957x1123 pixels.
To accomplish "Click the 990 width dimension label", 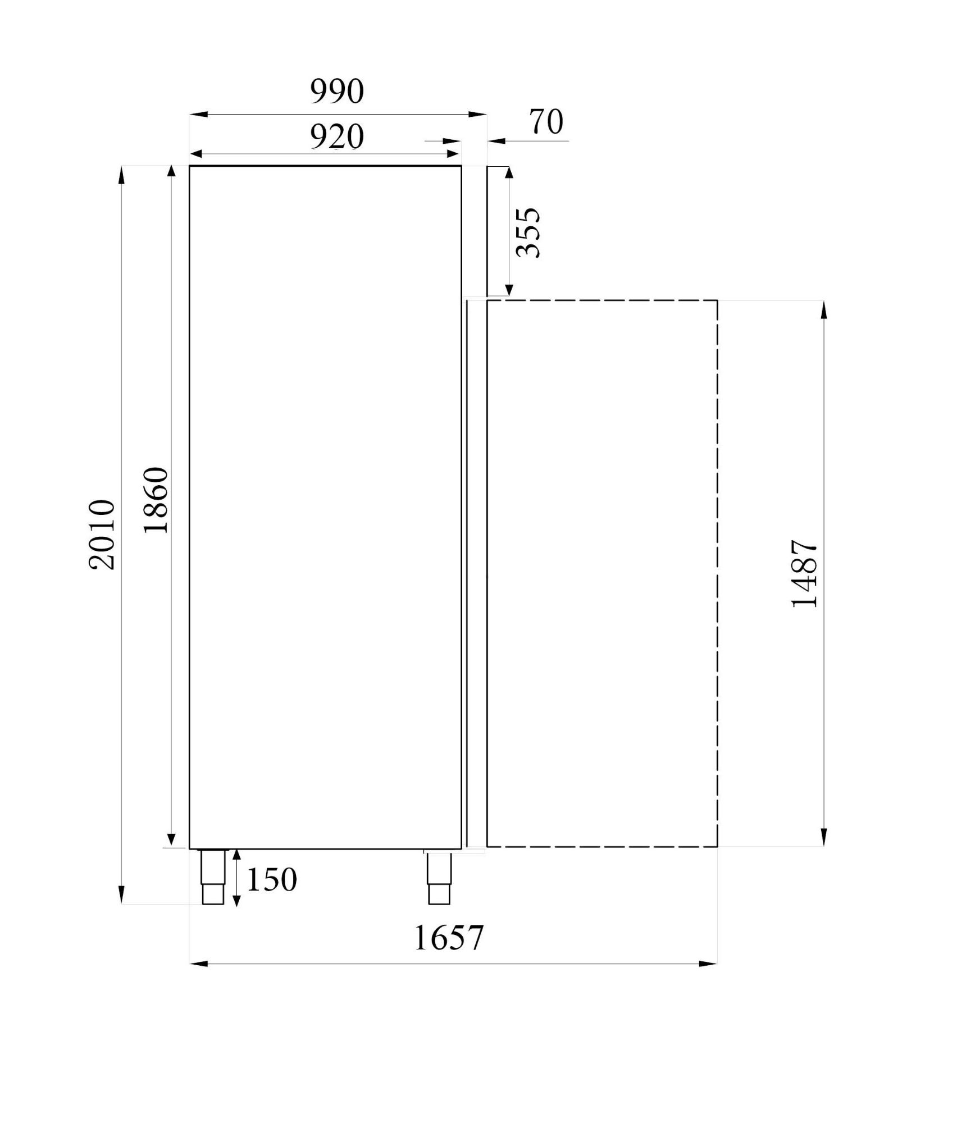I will [x=337, y=92].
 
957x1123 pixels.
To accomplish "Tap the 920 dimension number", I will [x=337, y=136].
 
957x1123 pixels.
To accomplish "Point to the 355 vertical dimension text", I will [x=528, y=232].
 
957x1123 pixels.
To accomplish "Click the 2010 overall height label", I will [x=102, y=535].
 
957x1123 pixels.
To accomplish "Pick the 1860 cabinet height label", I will [x=156, y=500].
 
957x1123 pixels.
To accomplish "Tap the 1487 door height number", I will [x=804, y=574].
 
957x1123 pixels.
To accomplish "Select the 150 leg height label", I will [x=271, y=880].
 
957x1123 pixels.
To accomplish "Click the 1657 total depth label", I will [x=448, y=937].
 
